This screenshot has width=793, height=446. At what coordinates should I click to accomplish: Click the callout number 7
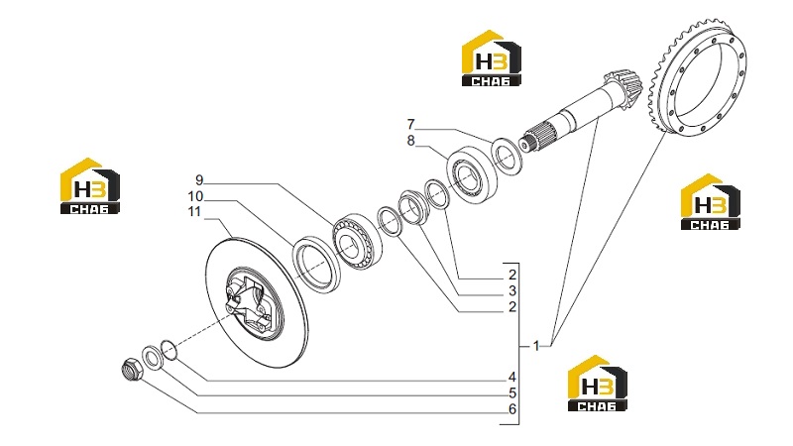tap(410, 125)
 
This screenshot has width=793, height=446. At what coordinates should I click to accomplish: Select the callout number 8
tap(410, 141)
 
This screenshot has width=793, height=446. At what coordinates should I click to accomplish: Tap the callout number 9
tap(199, 180)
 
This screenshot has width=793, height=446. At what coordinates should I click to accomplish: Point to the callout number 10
tap(195, 196)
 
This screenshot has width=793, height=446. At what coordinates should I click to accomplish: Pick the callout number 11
tap(194, 211)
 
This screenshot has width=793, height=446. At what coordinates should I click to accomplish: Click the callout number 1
tap(536, 346)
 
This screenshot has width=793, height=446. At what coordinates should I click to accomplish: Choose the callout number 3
tap(512, 291)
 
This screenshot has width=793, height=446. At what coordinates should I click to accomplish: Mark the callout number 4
tap(512, 378)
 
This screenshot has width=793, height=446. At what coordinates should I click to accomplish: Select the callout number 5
tap(512, 392)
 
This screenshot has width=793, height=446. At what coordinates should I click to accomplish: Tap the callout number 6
tap(512, 409)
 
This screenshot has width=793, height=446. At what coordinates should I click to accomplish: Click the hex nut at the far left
tap(134, 369)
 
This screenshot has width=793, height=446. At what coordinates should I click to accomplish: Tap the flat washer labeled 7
tap(509, 156)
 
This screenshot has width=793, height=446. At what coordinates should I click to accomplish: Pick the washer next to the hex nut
tap(152, 358)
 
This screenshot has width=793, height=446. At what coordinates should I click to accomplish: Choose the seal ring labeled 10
tap(316, 264)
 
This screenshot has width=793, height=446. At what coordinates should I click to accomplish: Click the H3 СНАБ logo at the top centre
tap(491, 58)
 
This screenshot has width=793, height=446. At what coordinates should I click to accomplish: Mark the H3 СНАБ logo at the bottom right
tap(598, 384)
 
